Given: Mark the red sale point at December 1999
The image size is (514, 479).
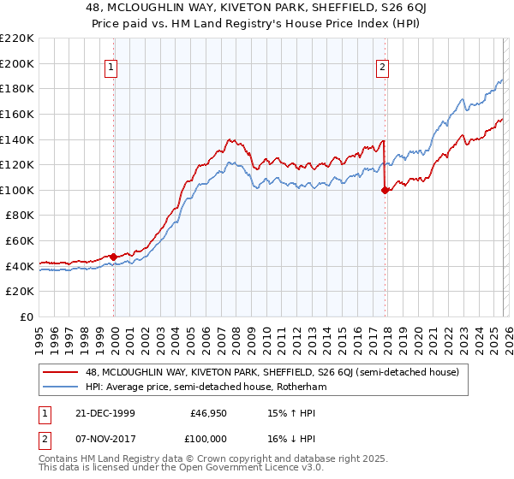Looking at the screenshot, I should (114, 257).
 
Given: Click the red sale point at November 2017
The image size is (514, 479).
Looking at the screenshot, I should (385, 191).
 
